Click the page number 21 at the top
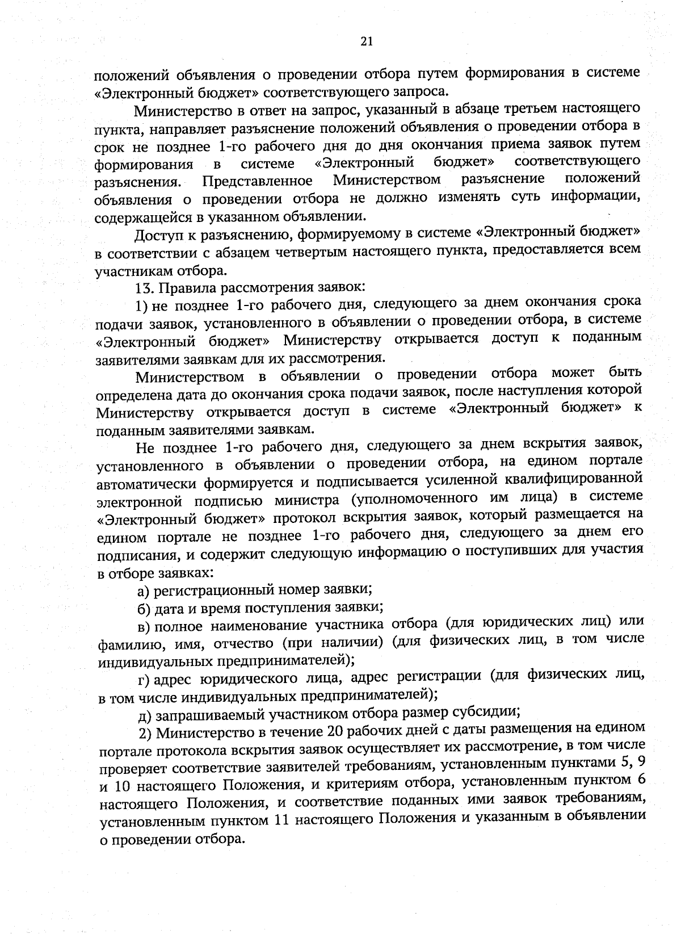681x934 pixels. click(x=365, y=41)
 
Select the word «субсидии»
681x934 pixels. click(x=487, y=711)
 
